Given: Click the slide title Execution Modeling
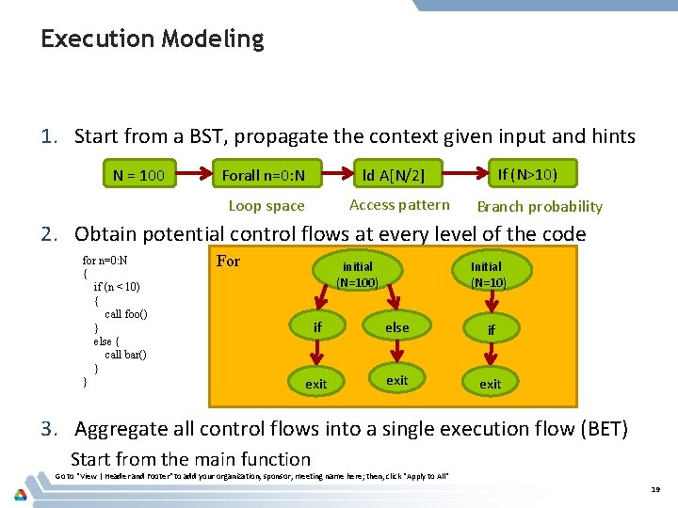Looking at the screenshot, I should tap(153, 40).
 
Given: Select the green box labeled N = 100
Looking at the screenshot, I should tap(138, 174).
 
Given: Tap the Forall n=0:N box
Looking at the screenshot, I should tap(270, 174).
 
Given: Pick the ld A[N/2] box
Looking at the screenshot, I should tap(394, 174).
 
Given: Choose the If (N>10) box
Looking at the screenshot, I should tap(526, 173).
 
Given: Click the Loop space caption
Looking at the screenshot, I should tap(266, 206).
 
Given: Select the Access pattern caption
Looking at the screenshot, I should tap(399, 205).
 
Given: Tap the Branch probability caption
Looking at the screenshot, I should tap(540, 207).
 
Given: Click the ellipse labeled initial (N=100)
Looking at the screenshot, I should tap(357, 274).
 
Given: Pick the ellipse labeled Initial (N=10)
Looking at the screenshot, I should tap(489, 274).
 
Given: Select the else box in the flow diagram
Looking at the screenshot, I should tap(397, 327).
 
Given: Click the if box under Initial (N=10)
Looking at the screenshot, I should tap(491, 330).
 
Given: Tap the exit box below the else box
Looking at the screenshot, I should tap(397, 380).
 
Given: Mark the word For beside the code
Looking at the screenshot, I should tap(229, 261).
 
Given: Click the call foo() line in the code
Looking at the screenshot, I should tap(125, 313).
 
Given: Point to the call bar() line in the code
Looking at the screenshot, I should tap(125, 355).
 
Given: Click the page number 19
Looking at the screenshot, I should tap(656, 490).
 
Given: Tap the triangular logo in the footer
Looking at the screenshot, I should tap(20, 494).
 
